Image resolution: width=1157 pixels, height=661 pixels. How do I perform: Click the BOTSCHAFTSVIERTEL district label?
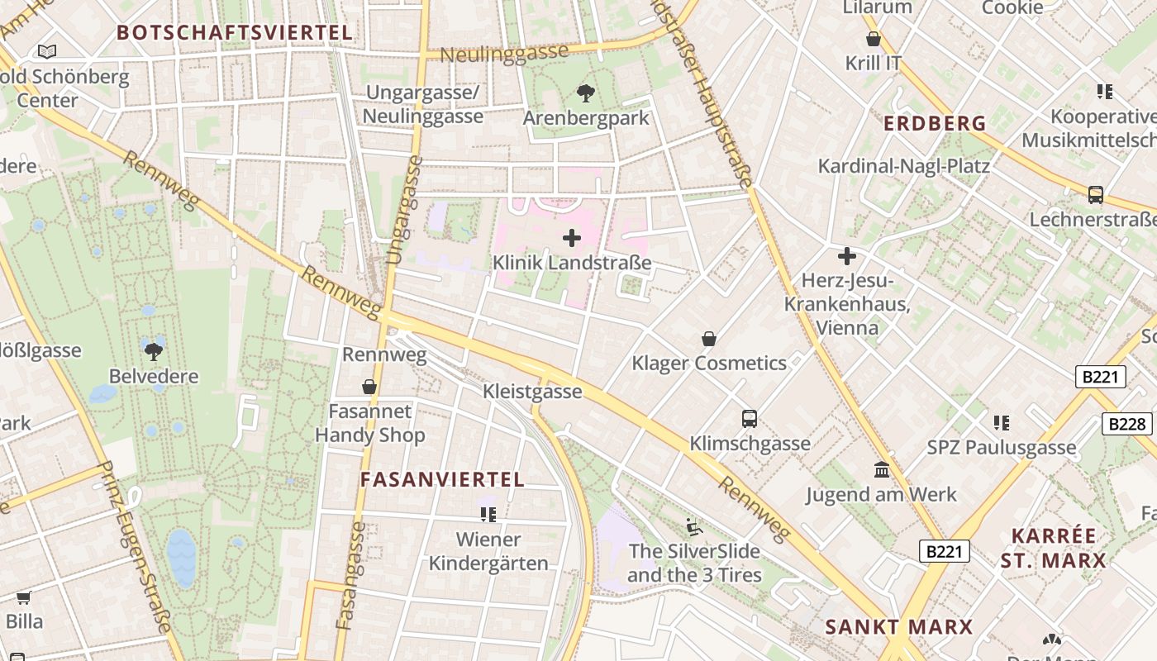[x=235, y=33]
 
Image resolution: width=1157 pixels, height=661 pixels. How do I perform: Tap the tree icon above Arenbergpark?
[x=586, y=93]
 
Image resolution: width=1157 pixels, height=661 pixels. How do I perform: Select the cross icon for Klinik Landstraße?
[x=571, y=239]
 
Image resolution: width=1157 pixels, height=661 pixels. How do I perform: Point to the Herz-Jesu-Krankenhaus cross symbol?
[x=846, y=256]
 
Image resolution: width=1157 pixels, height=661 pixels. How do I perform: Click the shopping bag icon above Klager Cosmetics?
[x=708, y=339]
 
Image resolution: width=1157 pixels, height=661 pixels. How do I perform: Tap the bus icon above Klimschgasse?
[x=750, y=418]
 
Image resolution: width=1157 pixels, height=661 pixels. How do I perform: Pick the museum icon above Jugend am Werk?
[x=882, y=469]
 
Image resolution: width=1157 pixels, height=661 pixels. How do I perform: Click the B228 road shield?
[x=1127, y=424]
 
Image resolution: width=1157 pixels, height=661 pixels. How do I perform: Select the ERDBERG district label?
[x=935, y=124]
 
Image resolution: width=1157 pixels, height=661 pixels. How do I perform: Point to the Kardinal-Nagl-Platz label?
[x=903, y=166]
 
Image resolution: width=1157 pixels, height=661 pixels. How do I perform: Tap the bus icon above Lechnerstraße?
[x=1096, y=195]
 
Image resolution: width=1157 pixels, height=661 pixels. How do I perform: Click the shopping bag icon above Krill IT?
[x=874, y=39]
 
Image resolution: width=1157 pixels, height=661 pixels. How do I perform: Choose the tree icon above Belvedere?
[x=154, y=351]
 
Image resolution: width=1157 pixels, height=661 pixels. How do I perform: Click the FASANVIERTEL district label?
[x=442, y=480]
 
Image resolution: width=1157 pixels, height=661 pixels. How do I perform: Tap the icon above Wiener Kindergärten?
[x=488, y=515]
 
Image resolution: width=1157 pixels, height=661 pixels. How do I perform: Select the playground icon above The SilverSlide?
[x=694, y=525]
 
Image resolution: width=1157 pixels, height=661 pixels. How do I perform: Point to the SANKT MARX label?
[x=899, y=627]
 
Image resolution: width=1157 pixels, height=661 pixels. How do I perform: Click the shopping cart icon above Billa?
[x=24, y=597]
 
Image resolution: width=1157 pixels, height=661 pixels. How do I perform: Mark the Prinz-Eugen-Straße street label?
[x=131, y=549]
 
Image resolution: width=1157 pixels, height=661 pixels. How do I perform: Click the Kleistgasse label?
[x=532, y=392]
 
